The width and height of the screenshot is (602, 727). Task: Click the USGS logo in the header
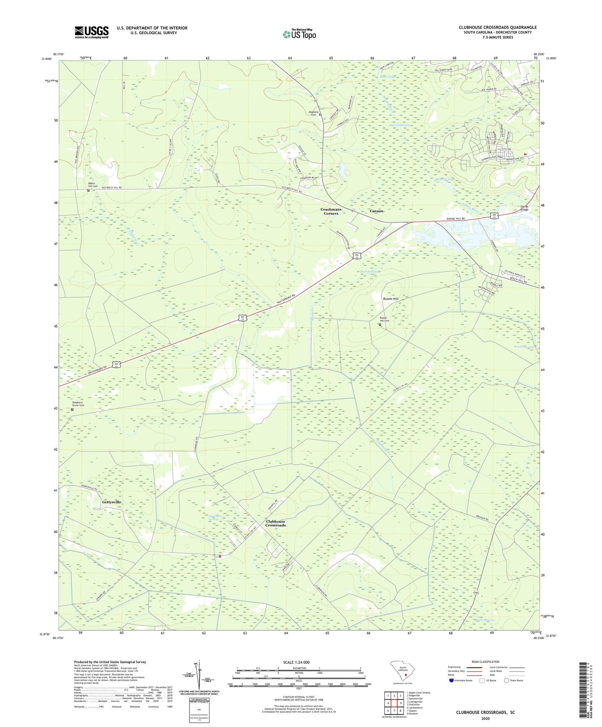92,32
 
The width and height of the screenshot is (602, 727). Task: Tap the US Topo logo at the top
299,34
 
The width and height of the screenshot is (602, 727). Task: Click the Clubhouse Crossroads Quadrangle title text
497,27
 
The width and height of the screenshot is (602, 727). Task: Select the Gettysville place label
112,502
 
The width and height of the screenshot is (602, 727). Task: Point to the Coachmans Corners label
331,212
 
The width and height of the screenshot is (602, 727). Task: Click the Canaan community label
376,211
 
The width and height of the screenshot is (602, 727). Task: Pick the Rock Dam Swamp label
215,518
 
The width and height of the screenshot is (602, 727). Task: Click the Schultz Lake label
445,179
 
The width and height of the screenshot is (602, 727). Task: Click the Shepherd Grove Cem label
78,404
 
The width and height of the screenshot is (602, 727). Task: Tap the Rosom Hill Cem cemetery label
384,319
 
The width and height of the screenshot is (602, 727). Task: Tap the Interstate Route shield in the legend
452,680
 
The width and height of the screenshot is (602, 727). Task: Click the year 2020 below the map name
485,718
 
